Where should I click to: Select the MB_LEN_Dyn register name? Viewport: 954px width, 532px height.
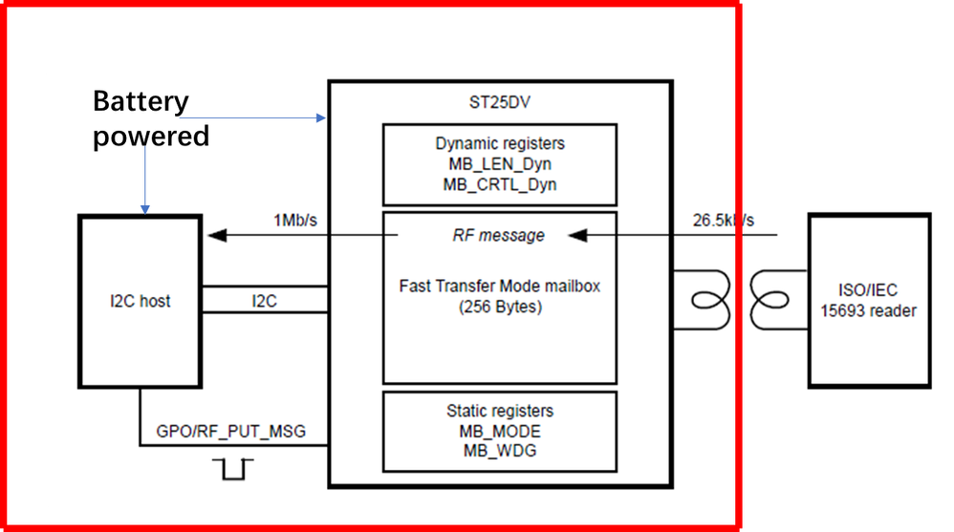coord(499,164)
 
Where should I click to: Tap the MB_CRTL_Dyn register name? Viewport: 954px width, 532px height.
coord(499,184)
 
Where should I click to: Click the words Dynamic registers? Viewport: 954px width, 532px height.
coord(499,143)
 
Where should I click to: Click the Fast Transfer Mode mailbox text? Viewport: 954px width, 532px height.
coord(499,285)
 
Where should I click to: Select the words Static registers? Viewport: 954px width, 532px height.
coord(499,411)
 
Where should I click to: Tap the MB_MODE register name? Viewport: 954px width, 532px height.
coord(499,431)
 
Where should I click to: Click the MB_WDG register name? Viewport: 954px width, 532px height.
coord(499,450)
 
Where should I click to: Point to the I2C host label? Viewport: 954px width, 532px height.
coord(140,301)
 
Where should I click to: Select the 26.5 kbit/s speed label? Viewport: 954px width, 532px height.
coord(724,221)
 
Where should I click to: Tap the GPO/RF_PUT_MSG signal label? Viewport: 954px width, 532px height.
coord(230,432)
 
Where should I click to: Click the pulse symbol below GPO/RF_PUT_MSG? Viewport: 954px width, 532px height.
coord(230,469)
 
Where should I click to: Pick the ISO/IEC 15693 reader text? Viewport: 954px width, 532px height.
coord(868,301)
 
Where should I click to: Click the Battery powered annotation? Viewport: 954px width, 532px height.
coord(150,118)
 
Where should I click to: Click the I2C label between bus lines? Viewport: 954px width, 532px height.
coord(265,301)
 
